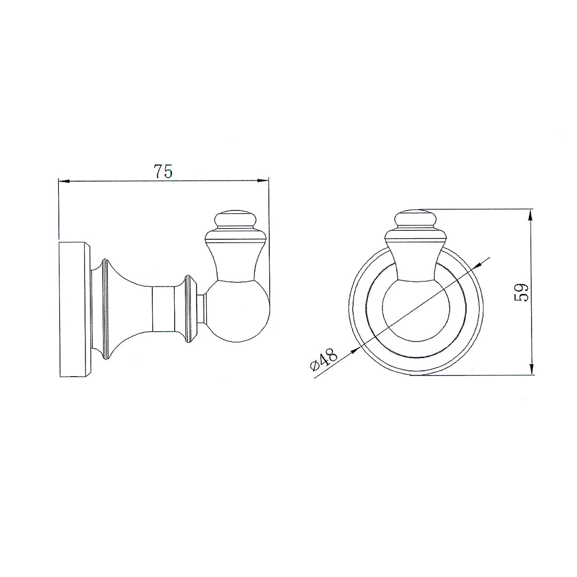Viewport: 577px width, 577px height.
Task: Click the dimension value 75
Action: click(x=163, y=171)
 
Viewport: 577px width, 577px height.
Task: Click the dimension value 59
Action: click(x=521, y=292)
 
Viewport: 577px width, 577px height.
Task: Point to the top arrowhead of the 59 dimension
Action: click(x=531, y=215)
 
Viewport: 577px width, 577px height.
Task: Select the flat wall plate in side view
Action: click(x=74, y=310)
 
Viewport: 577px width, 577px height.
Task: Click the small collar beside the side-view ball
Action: click(x=201, y=309)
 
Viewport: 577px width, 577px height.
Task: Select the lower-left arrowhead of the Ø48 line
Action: click(x=354, y=352)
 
